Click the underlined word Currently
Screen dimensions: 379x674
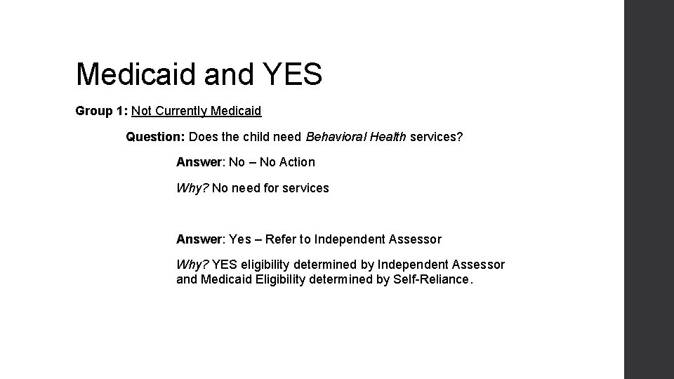(x=184, y=111)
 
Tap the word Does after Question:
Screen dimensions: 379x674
(x=204, y=137)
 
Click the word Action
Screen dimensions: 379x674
(x=297, y=162)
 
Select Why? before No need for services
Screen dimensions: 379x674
(x=192, y=188)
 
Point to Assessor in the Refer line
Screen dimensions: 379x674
(x=415, y=239)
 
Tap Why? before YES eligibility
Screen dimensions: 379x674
(x=192, y=265)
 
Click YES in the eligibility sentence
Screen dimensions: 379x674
(x=225, y=265)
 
